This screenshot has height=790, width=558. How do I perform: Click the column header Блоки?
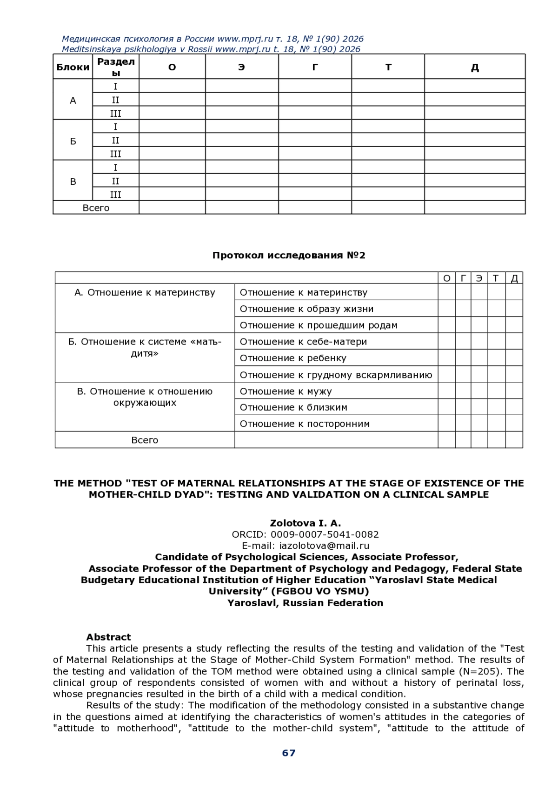(73, 67)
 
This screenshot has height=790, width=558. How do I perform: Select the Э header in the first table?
(241, 67)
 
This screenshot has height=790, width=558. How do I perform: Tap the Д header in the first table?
(474, 68)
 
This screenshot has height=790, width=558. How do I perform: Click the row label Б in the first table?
(73, 141)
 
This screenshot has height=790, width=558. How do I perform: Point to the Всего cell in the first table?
(96, 208)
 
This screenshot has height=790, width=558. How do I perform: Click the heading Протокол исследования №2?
(289, 255)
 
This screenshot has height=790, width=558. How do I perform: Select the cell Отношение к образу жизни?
(306, 309)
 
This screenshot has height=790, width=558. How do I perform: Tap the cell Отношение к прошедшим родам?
(319, 325)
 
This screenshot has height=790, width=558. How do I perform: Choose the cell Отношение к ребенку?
(293, 358)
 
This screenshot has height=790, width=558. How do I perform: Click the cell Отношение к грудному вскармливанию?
(336, 375)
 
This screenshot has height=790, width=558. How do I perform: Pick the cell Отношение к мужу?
(286, 391)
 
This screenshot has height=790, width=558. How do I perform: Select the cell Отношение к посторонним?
(305, 424)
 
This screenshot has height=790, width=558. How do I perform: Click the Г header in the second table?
(463, 278)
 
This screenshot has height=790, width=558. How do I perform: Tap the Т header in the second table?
(496, 278)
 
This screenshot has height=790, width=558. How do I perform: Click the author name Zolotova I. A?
(306, 523)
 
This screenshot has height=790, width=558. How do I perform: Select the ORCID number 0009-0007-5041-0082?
(325, 534)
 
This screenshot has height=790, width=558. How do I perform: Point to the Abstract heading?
(108, 637)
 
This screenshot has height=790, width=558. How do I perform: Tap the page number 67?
(289, 753)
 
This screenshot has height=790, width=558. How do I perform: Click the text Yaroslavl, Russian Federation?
(305, 603)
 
